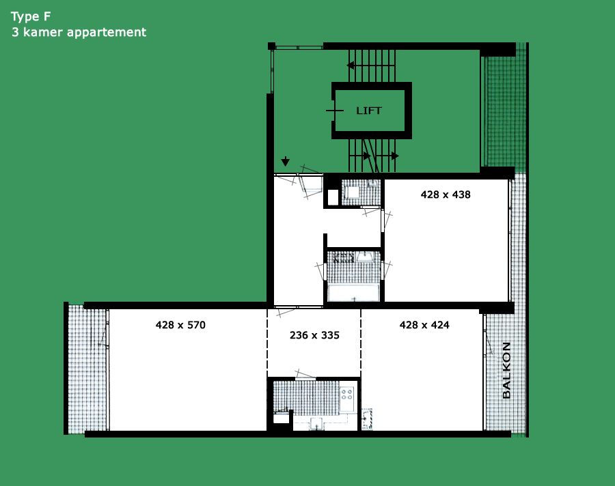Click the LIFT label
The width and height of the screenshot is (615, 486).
coord(368,111)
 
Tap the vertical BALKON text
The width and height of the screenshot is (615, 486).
coord(506,371)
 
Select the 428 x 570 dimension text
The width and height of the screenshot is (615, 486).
coord(180,325)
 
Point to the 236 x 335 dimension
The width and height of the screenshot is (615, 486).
coord(314,335)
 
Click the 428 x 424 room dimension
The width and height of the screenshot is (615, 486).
coord(424,325)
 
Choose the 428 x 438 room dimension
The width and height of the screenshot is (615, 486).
coord(446,195)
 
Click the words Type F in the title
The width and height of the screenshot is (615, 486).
coord(31,17)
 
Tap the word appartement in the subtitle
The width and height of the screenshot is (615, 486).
coord(107,33)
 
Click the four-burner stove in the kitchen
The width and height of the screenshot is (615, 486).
coord(347,393)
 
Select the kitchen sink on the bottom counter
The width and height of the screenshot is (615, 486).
coord(316,423)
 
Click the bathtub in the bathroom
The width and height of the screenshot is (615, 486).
coord(353,293)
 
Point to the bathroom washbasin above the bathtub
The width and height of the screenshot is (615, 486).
coord(365,257)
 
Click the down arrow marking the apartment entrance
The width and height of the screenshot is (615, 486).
coord(286,161)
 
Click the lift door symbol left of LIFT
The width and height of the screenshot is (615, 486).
coord(335,111)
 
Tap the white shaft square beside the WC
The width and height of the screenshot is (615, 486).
coord(333,197)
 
